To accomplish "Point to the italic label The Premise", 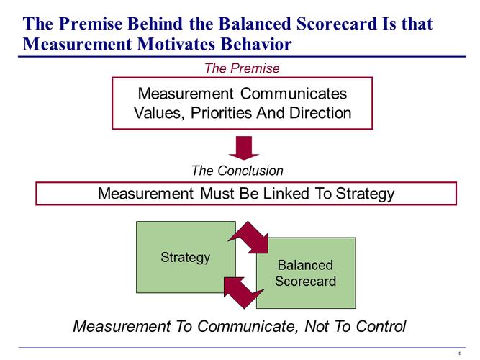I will pyautogui.click(x=242, y=68).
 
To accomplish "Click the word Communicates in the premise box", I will pyautogui.click(x=291, y=94).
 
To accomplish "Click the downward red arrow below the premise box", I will pyautogui.click(x=243, y=148).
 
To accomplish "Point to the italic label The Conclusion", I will pyautogui.click(x=237, y=171).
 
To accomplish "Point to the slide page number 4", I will pyautogui.click(x=459, y=354).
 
